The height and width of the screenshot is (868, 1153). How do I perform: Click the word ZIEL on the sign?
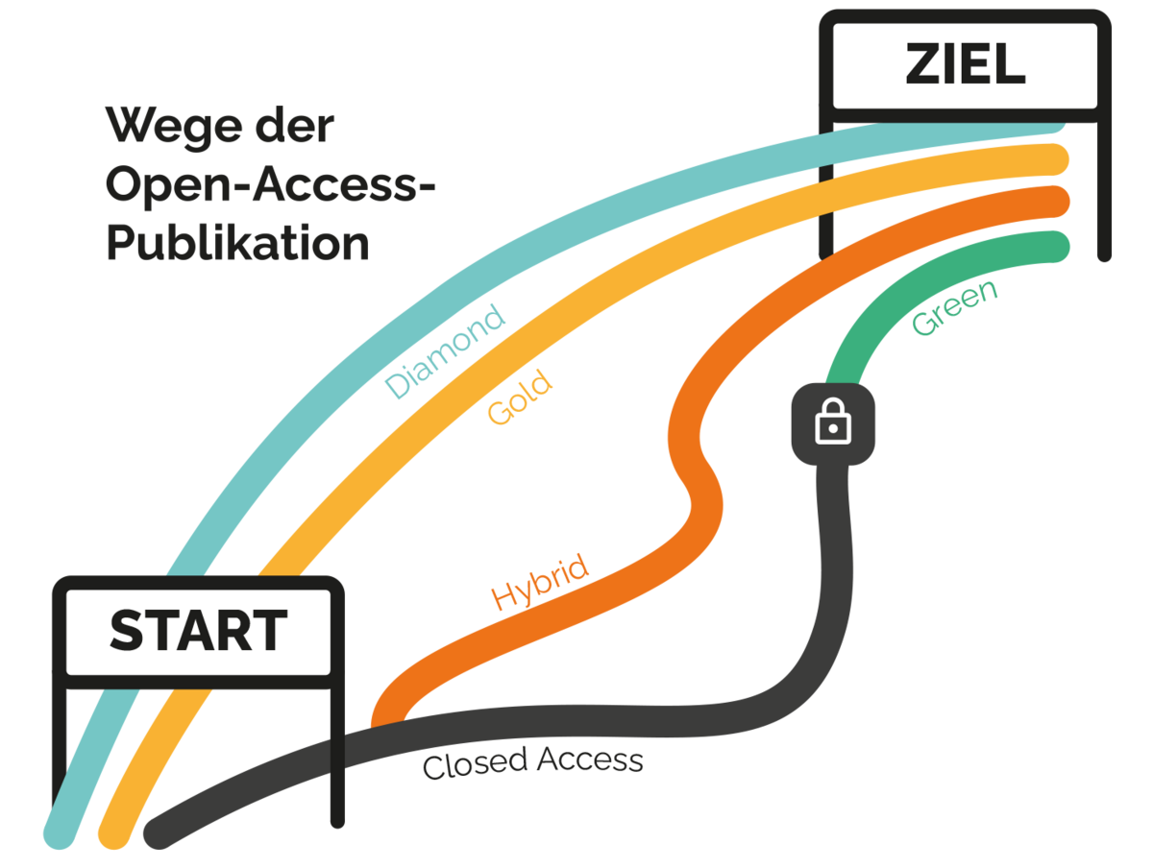(965, 65)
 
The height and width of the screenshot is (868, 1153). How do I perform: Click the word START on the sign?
(198, 631)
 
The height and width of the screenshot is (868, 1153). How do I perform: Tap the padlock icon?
(833, 423)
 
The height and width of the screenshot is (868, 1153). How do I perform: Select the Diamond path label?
(445, 351)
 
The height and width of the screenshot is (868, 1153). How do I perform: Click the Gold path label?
(521, 399)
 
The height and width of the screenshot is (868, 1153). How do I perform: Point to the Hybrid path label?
(539, 583)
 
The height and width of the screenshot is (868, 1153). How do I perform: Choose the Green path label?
(954, 307)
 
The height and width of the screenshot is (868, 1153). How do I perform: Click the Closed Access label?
(532, 763)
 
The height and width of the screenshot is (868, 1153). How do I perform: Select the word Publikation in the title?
(237, 243)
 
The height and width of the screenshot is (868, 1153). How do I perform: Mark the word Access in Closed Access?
(590, 760)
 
